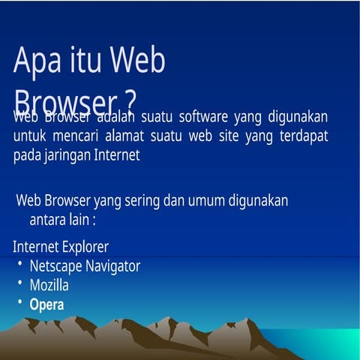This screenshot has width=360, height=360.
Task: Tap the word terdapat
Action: [301, 137]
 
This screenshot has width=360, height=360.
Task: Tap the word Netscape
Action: [54, 265]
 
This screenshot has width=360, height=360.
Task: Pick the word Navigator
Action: [111, 265]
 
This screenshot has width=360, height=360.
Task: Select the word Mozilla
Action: [49, 285]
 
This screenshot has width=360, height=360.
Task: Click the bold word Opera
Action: [46, 304]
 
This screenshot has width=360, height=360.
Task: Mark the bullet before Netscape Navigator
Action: [20, 264]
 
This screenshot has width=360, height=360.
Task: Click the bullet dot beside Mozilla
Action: [20, 283]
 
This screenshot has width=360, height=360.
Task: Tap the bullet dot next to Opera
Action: [20, 303]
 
